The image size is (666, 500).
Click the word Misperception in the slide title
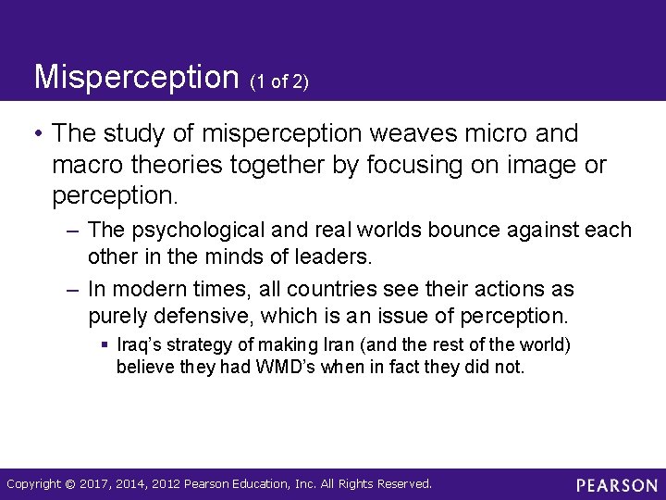pos(136,77)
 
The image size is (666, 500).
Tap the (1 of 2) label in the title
pos(278,82)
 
